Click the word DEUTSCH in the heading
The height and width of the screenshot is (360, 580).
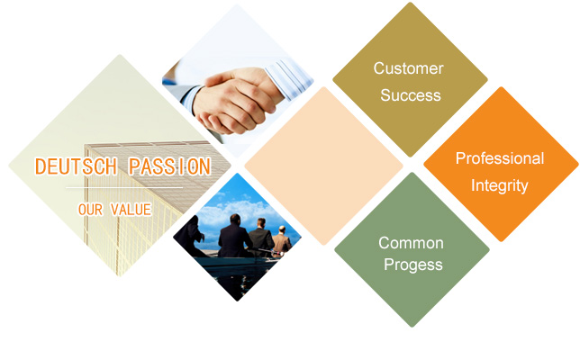pyautogui.click(x=77, y=166)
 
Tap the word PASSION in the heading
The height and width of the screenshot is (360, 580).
pyautogui.click(x=170, y=166)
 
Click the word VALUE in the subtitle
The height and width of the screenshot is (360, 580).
pyautogui.click(x=131, y=210)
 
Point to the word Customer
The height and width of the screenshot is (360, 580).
pyautogui.click(x=408, y=68)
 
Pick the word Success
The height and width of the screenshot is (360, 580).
pyautogui.click(x=411, y=95)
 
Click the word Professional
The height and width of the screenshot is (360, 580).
pyautogui.click(x=500, y=158)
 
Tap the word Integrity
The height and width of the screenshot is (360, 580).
pyautogui.click(x=499, y=185)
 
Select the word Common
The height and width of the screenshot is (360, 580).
pyautogui.click(x=411, y=243)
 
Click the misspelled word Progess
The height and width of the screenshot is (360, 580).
pyautogui.click(x=413, y=265)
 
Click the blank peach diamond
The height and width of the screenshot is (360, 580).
pyautogui.click(x=323, y=166)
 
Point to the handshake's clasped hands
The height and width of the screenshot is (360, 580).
pyautogui.click(x=234, y=102)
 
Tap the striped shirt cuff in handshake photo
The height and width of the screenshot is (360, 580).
pyautogui.click(x=288, y=78)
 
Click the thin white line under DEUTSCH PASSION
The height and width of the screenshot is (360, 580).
pyautogui.click(x=124, y=188)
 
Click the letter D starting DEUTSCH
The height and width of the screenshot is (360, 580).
pyautogui.click(x=40, y=166)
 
